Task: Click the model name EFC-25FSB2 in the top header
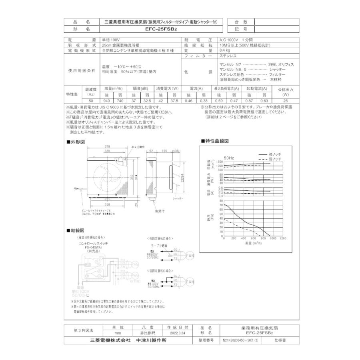click(x=161, y=29)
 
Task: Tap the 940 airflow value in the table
click(x=107, y=102)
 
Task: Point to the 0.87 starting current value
click(x=249, y=102)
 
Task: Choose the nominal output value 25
click(x=285, y=102)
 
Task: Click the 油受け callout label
click(x=160, y=210)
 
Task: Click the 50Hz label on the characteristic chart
click(x=229, y=158)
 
